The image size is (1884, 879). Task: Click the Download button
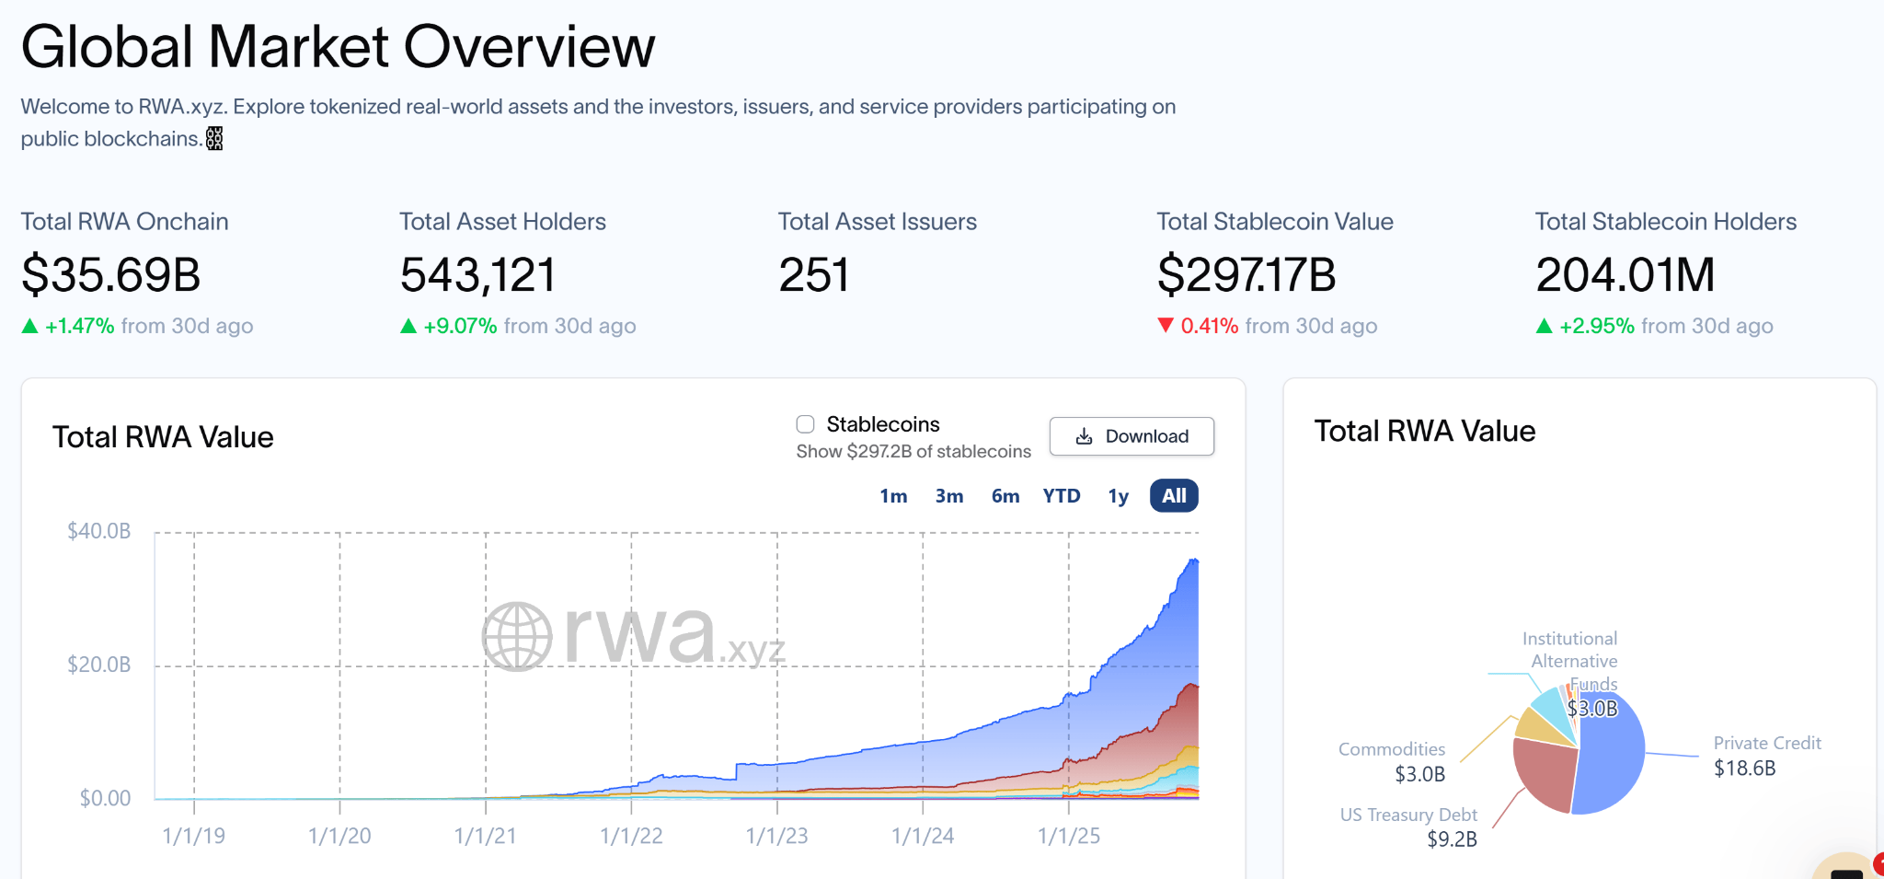1132,436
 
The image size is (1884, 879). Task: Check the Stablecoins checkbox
806,424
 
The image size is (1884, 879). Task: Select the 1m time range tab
893,496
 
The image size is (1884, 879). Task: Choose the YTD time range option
1062,496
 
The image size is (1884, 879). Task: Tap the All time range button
1174,496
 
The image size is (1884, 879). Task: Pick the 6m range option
1005,496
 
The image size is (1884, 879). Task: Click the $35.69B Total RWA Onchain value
111,274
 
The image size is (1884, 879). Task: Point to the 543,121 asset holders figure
478,274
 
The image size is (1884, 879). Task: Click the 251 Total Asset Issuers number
814,274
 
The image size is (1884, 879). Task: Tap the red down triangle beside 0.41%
1166,325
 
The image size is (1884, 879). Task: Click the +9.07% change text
460,326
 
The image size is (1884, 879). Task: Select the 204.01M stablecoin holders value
1626,274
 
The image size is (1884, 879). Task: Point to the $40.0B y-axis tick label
99,531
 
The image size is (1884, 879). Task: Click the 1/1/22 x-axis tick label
631,836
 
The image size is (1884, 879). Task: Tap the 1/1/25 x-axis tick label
1069,836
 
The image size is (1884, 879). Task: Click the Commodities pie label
1392,749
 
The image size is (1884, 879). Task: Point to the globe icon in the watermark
517,636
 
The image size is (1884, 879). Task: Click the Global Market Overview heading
338,46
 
